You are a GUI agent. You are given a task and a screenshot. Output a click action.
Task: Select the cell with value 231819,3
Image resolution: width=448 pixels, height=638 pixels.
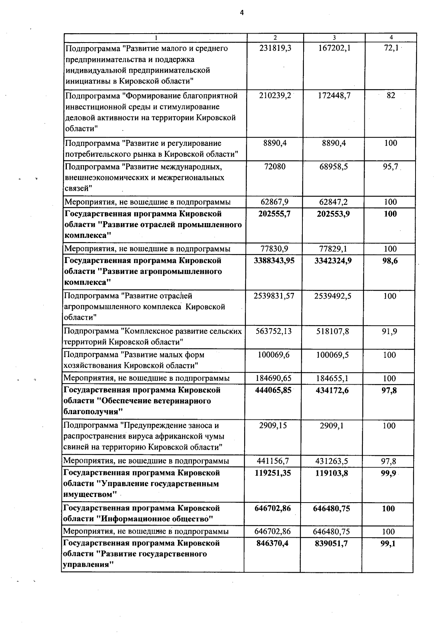click(275, 48)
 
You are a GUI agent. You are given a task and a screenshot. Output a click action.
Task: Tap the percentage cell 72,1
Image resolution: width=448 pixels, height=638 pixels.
click(391, 48)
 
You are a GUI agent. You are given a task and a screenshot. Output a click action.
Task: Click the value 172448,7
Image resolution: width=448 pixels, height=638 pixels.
click(334, 96)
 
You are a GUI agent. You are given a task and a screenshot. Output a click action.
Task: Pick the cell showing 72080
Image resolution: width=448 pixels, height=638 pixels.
click(275, 167)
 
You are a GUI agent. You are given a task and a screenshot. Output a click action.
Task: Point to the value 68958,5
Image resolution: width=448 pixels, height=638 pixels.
click(334, 167)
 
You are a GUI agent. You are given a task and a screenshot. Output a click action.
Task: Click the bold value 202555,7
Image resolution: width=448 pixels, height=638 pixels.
click(274, 214)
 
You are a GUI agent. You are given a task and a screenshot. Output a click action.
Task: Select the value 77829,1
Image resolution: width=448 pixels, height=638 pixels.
click(333, 249)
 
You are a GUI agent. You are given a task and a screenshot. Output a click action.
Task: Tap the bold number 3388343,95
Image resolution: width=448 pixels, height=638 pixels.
click(274, 260)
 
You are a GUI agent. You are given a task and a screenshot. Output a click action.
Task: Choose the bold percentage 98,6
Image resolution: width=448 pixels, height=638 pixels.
click(390, 261)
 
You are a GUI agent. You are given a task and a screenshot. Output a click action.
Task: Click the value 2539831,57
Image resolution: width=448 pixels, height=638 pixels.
click(274, 296)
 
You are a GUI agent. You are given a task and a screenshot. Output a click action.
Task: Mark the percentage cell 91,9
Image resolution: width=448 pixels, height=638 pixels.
click(389, 331)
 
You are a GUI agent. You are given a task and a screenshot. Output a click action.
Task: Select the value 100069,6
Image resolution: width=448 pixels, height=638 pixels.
click(274, 355)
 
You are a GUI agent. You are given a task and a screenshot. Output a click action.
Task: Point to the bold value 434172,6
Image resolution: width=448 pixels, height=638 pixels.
click(332, 390)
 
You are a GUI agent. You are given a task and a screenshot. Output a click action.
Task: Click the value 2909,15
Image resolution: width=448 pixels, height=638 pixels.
click(273, 426)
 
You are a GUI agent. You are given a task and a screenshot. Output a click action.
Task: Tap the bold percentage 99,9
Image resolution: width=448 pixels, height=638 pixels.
click(389, 473)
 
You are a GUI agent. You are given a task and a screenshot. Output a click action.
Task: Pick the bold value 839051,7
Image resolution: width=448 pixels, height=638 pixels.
click(332, 544)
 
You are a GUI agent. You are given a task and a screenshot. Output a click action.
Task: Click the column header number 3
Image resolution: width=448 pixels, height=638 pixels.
click(334, 38)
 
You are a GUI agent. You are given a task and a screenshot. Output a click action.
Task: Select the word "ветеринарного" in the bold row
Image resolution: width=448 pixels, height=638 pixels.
click(182, 401)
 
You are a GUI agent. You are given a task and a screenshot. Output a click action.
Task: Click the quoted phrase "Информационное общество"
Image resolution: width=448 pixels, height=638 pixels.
click(155, 519)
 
